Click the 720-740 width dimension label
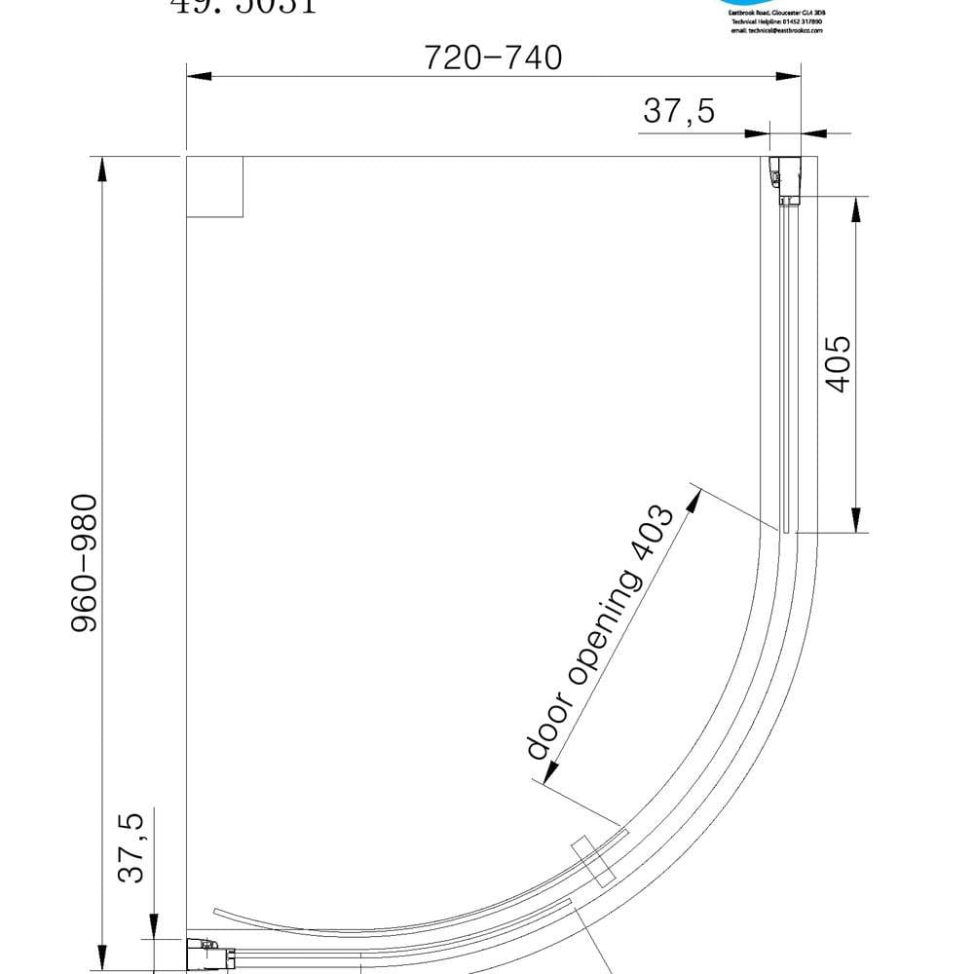[x=493, y=58]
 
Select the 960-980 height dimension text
[x=86, y=563]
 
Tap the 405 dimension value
[x=839, y=364]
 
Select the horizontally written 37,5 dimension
[x=678, y=112]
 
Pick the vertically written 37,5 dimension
[x=131, y=847]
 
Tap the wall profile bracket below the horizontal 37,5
[x=783, y=179]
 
